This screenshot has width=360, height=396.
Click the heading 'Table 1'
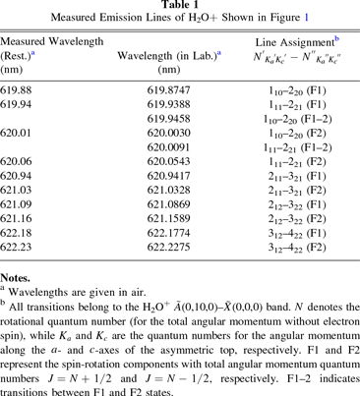179,6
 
